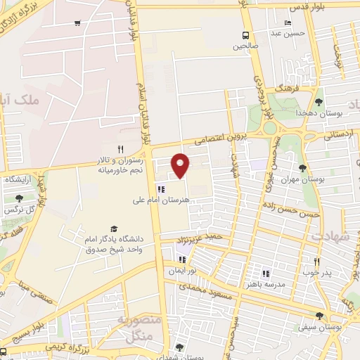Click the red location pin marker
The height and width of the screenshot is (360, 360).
point(181,165)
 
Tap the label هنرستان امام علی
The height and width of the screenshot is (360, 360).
point(161,200)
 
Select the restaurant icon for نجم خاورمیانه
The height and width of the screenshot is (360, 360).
point(120,149)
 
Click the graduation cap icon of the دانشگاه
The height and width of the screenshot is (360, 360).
point(114,229)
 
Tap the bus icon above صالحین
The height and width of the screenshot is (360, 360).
point(245,35)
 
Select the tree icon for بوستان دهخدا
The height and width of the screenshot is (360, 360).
point(318,102)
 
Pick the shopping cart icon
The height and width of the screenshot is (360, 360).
point(77,23)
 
